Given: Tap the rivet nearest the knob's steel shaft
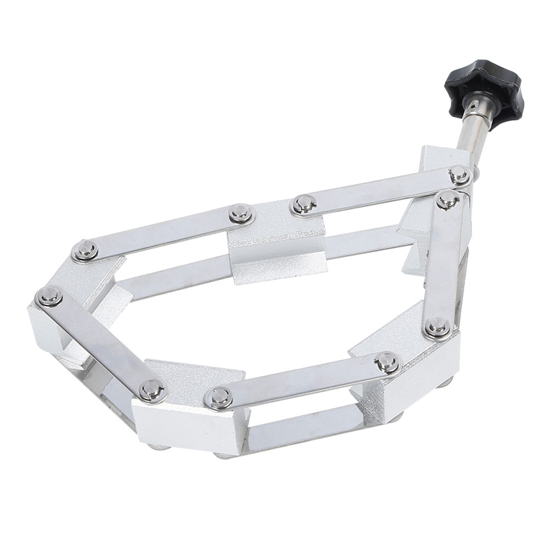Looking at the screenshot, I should click(x=459, y=175).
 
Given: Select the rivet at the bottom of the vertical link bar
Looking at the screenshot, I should click(x=437, y=326).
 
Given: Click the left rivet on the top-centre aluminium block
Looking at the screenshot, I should click(x=240, y=213).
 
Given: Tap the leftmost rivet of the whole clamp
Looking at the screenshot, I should click(x=50, y=297).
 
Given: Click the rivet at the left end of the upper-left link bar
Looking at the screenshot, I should click(x=85, y=250).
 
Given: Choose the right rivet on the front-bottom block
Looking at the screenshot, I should click(x=219, y=398).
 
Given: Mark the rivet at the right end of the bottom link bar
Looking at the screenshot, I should click(x=386, y=362).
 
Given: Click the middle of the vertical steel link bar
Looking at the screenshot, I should click(x=443, y=262).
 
